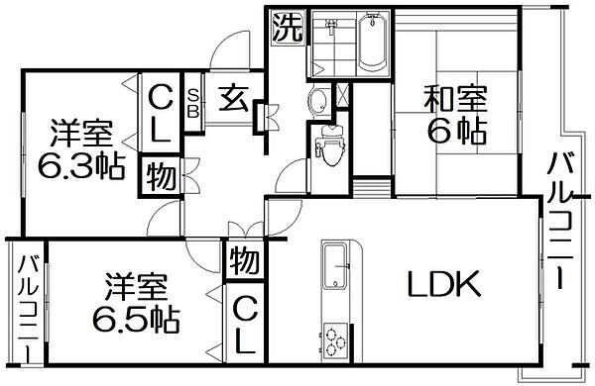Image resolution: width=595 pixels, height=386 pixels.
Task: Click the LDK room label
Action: click(x=444, y=286)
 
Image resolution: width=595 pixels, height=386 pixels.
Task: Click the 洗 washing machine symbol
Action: click(x=286, y=27)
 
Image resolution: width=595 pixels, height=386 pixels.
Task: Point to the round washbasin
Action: click(x=319, y=100)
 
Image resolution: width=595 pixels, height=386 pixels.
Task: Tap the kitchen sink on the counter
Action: click(x=337, y=265)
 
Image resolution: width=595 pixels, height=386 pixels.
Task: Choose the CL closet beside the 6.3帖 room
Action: click(x=159, y=111)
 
